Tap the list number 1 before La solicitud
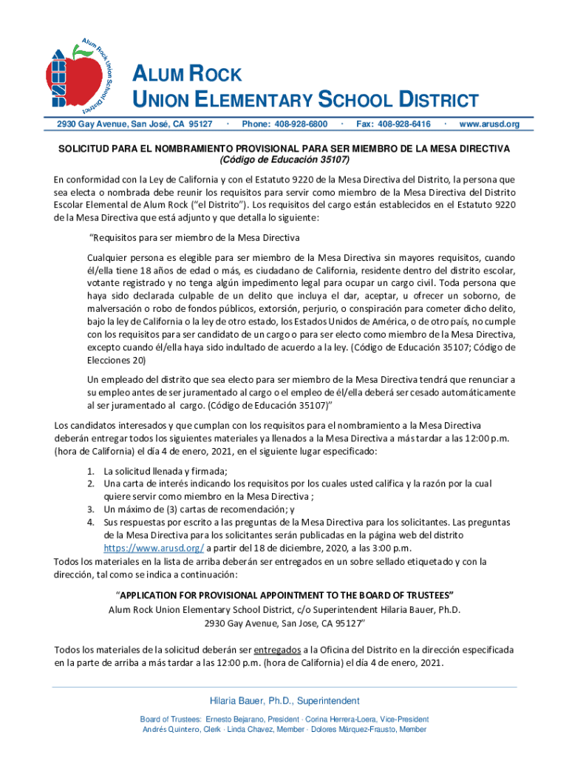89,472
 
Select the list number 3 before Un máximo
89,510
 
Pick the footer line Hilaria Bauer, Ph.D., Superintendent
284,701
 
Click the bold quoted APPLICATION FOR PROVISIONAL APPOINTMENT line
284,596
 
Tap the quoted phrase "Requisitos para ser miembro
194,238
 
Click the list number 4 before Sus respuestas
89,523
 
